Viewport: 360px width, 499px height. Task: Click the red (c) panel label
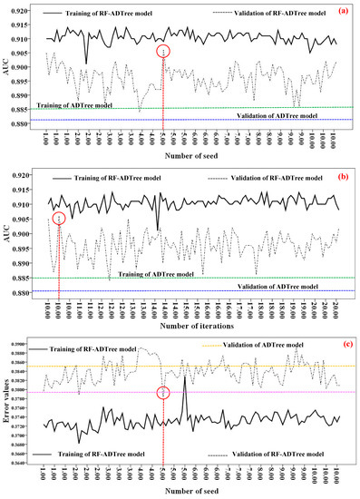[x=344, y=342]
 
